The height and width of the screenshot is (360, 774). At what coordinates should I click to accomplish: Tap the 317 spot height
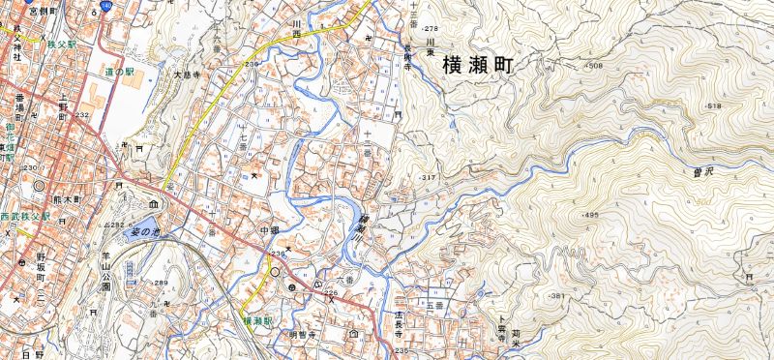[x=427, y=179]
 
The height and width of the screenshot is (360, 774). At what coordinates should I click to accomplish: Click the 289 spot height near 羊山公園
[x=160, y=283]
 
